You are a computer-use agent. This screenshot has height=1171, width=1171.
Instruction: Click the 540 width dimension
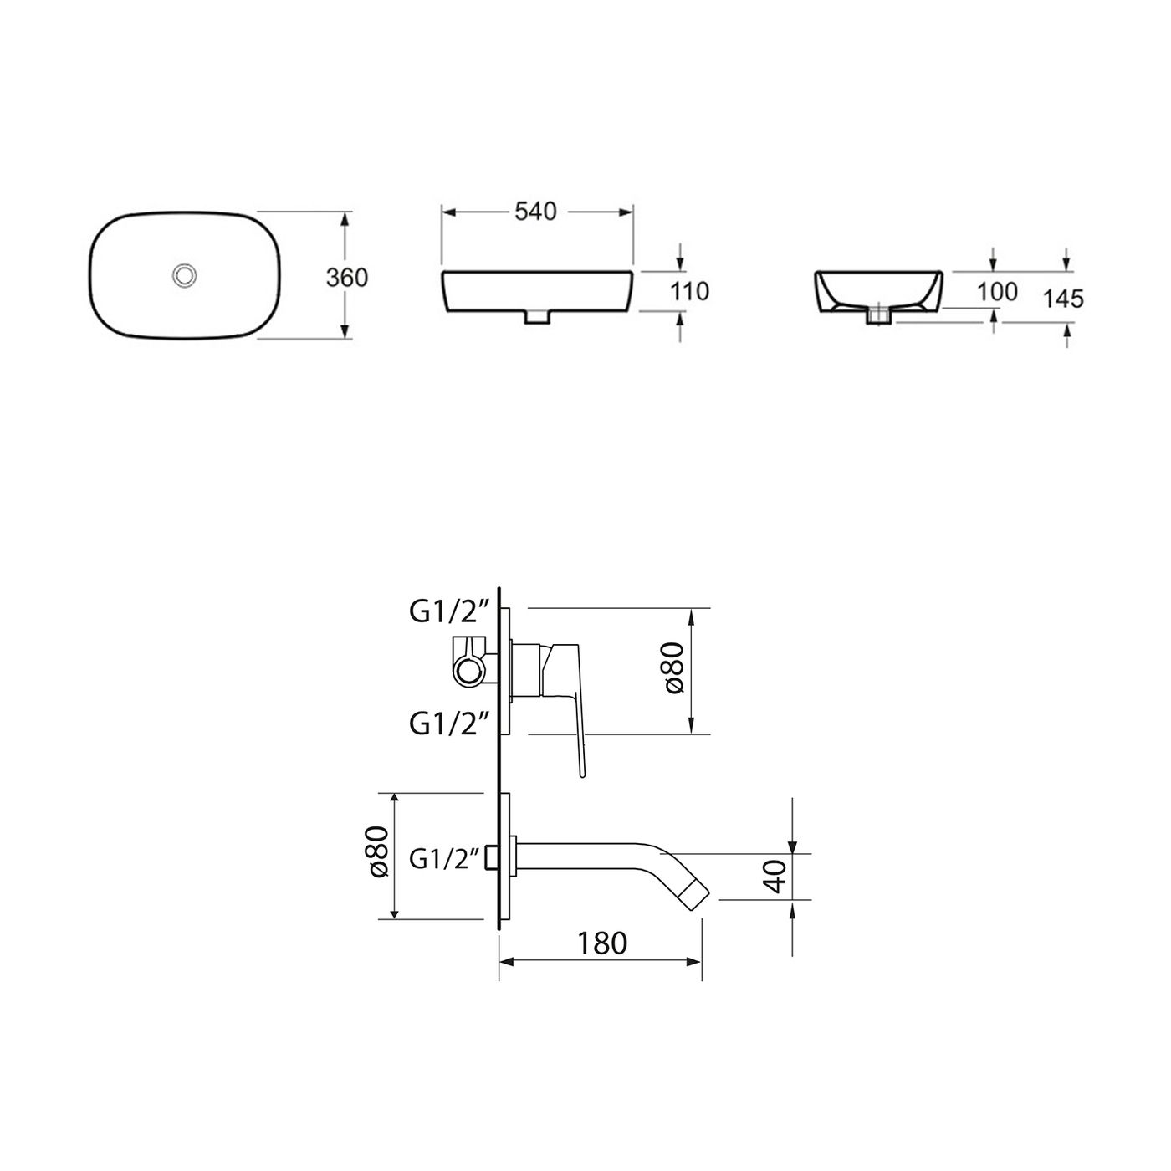(535, 212)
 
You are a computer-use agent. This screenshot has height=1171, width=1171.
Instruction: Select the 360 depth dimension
(346, 277)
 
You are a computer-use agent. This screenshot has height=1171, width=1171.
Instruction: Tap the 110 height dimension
(690, 291)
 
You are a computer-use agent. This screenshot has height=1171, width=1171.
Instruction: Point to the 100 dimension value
(997, 291)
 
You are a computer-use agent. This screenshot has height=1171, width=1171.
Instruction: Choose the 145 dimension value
(1063, 298)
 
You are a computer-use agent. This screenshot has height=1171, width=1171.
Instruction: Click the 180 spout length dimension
(601, 943)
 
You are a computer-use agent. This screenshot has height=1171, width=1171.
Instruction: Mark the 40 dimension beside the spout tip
(777, 876)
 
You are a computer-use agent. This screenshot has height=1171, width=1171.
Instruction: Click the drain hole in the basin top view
(183, 274)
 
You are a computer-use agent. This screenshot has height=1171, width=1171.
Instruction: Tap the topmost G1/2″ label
(448, 613)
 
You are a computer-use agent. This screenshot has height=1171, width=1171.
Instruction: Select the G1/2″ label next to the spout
(444, 858)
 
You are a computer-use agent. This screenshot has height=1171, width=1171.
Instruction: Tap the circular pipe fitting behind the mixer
(472, 671)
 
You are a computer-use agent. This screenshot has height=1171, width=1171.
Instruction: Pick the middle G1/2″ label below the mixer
(448, 723)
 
